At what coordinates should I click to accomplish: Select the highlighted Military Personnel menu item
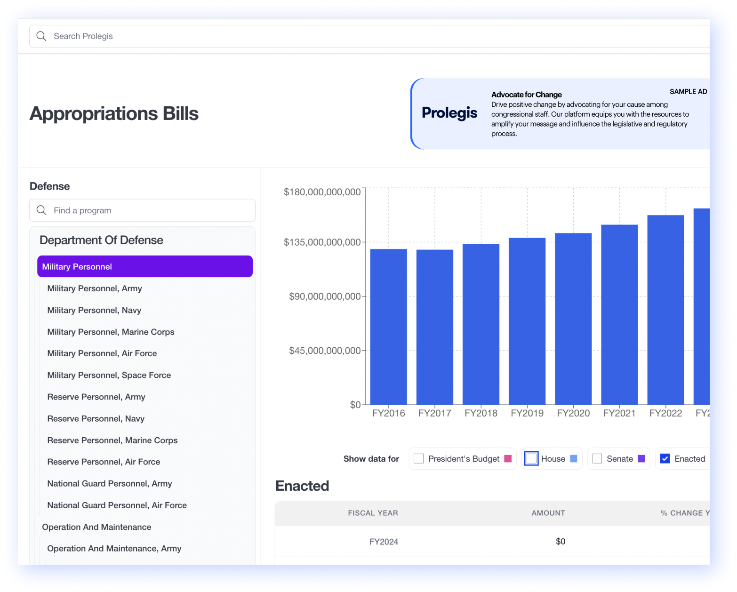coord(145,266)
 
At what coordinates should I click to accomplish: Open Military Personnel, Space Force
coord(109,375)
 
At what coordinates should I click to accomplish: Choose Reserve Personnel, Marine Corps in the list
coord(112,440)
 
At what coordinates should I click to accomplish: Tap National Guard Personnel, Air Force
coord(117,505)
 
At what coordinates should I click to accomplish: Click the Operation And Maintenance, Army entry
coord(114,549)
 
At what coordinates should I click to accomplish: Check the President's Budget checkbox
coord(418,459)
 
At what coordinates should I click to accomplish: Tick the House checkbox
coord(531,459)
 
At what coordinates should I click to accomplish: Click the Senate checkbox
coord(597,459)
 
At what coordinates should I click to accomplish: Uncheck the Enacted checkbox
coord(665,459)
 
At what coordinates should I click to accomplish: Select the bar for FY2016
coord(389,327)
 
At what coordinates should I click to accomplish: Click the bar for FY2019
coord(527,321)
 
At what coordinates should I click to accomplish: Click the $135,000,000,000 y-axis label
coord(322,242)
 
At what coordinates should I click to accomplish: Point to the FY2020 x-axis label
coord(573,413)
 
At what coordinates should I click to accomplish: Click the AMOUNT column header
coord(548,513)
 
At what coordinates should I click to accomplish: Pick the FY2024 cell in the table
coord(384,542)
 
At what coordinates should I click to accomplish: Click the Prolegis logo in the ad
coord(449,113)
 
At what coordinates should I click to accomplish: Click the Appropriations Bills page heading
coord(114,113)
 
